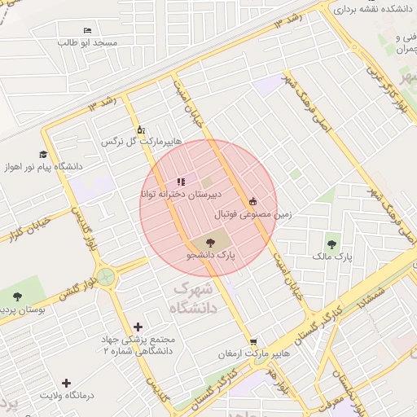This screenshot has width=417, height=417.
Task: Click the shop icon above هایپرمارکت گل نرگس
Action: pos(141,129)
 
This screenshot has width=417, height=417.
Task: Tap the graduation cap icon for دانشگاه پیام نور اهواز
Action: pos(42,154)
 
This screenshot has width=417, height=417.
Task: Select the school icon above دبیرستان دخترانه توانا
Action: pos(180,182)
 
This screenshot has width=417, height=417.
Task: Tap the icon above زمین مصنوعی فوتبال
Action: pos(252,201)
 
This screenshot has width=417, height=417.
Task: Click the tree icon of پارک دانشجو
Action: pos(210,242)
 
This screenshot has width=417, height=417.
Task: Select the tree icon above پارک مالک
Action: pos(331,243)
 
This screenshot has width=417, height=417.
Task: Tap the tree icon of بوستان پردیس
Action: pos(18,296)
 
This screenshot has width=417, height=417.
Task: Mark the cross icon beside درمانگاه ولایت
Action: pos(67,382)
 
